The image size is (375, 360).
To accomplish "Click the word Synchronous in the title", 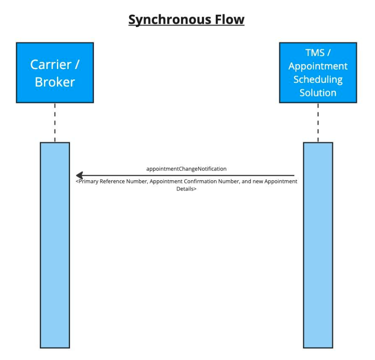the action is click(170, 20).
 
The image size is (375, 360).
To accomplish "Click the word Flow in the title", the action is click(230, 19).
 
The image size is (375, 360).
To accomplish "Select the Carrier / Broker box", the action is click(55, 73).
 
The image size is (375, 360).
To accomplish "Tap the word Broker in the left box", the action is click(55, 82).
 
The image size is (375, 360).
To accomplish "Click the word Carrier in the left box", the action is click(51, 65).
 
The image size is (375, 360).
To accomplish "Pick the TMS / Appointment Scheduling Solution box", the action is click(318, 73).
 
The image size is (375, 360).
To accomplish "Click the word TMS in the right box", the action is click(315, 52).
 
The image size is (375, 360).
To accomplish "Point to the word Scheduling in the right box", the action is click(318, 80).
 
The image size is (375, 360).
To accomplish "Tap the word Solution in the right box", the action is click(318, 93).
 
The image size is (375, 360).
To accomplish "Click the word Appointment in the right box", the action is click(318, 66).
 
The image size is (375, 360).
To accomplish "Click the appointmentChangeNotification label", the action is click(186, 169).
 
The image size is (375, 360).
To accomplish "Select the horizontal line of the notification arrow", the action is click(185, 175).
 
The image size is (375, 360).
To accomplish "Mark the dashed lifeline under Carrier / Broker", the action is click(55, 123).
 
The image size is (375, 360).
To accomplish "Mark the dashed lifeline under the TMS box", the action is click(318, 123).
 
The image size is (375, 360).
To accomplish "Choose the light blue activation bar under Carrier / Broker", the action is click(55, 245).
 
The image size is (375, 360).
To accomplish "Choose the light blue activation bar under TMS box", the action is click(318, 245).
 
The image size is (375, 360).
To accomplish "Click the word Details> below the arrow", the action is click(186, 189).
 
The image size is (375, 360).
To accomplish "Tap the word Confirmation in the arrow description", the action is click(200, 182).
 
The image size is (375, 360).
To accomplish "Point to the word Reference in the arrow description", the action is click(112, 182).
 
